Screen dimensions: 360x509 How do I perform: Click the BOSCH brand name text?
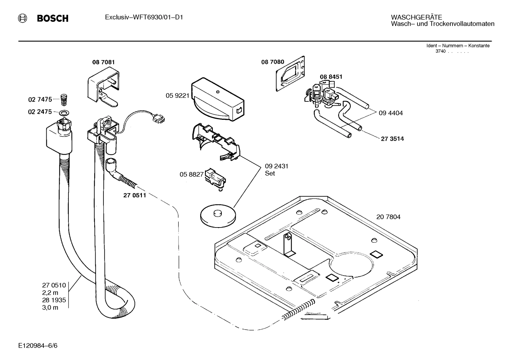click(53, 18)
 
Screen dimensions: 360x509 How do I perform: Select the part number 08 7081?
click(103, 62)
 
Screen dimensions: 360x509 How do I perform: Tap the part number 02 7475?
click(40, 100)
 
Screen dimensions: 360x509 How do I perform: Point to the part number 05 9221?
click(178, 95)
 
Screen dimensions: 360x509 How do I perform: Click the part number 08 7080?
click(273, 62)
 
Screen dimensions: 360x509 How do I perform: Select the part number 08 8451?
click(331, 77)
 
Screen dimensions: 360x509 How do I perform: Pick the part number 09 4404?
click(390, 113)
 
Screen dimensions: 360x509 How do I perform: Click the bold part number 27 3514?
click(392, 139)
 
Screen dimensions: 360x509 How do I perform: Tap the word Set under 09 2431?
click(270, 173)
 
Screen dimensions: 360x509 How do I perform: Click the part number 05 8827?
click(191, 174)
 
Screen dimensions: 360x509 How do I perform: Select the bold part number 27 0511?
click(134, 195)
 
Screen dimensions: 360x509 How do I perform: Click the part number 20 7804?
click(388, 217)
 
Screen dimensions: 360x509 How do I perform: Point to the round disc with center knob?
click(218, 216)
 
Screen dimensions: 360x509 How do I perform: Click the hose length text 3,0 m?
click(50, 308)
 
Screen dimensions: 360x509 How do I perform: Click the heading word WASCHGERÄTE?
click(417, 17)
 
